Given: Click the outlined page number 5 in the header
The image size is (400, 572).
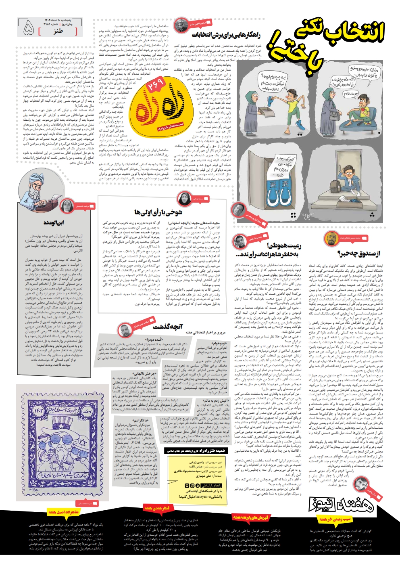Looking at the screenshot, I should click(29, 28).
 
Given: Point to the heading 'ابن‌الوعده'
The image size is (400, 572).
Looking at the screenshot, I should click(54, 222).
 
